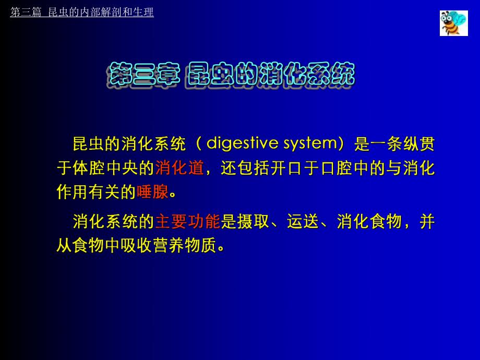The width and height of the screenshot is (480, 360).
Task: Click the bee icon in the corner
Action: pyautogui.click(x=453, y=23)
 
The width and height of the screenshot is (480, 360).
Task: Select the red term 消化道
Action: pyautogui.click(x=179, y=168)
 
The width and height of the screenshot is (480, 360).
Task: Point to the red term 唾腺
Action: pyautogui.click(x=152, y=192)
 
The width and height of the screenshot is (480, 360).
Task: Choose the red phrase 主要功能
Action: pyautogui.click(x=188, y=222)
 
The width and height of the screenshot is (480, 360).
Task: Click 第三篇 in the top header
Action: pyautogui.click(x=26, y=13)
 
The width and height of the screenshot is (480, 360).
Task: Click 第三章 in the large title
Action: pyautogui.click(x=143, y=75)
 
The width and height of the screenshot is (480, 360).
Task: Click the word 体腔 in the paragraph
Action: pyautogui.click(x=89, y=168)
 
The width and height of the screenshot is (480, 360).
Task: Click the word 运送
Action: pyautogui.click(x=303, y=222)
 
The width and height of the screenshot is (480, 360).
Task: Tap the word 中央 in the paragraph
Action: pyautogui.click(x=122, y=168)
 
